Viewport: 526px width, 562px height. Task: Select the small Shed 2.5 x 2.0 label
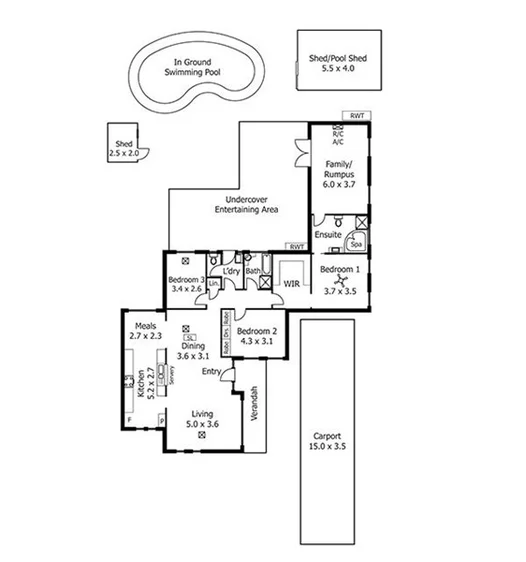(125, 148)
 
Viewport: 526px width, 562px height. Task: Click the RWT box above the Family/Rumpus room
(357, 117)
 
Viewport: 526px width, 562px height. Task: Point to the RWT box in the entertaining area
(295, 246)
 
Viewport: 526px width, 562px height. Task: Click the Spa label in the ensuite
(355, 243)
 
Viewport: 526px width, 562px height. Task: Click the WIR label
(292, 284)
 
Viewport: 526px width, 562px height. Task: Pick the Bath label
(253, 270)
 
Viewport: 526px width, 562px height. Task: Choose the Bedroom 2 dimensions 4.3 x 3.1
(256, 341)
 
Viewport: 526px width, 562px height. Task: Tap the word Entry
(211, 372)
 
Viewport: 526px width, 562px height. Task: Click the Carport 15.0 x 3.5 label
(328, 442)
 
